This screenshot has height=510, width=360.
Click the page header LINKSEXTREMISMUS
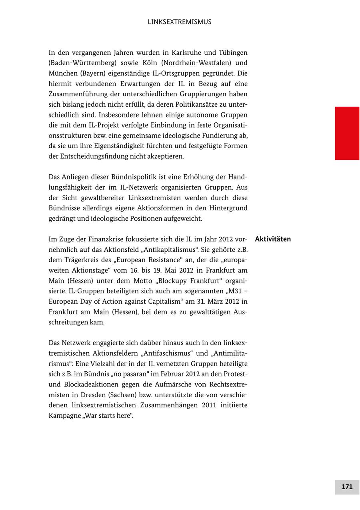coord(180,22)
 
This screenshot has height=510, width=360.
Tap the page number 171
coord(347,487)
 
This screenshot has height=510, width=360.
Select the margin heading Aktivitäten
coord(273,239)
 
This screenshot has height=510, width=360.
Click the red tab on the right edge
coord(347,133)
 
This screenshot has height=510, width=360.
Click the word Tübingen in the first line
coord(233,53)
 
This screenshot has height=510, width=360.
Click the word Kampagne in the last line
coord(63,416)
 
